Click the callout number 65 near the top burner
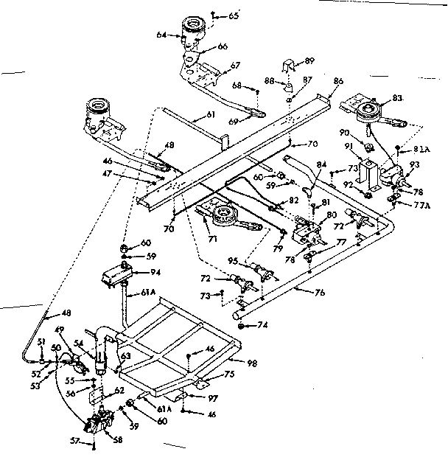pyautogui.click(x=234, y=15)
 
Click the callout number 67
pyautogui.click(x=235, y=65)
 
